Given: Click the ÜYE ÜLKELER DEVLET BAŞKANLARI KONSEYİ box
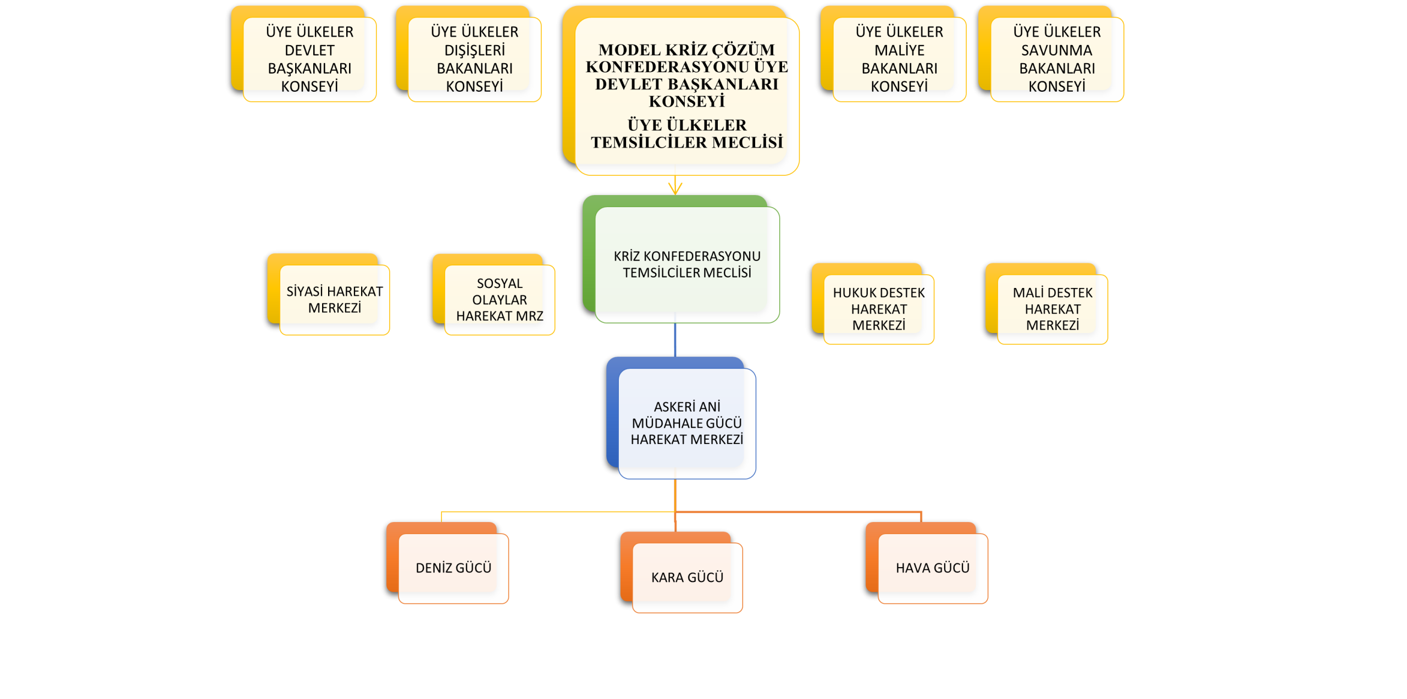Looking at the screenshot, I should [309, 59].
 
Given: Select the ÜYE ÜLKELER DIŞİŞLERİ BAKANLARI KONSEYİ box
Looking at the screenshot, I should [474, 59].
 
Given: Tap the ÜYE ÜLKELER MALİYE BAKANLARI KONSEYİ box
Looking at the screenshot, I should [899, 59].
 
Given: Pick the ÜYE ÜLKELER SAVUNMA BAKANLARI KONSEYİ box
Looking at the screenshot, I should [1056, 59].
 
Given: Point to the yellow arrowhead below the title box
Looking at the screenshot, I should [675, 189].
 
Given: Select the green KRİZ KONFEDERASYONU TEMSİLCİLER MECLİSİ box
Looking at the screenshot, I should [686, 264].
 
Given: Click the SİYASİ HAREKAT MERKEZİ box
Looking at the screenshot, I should [334, 299].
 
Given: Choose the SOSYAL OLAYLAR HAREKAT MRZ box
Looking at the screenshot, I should [499, 299].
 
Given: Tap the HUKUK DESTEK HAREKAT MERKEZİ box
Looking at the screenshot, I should [878, 309].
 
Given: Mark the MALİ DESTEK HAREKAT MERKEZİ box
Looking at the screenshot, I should [1052, 309].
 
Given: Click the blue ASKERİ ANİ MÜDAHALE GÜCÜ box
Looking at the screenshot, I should [686, 423].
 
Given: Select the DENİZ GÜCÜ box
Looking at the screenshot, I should [453, 568].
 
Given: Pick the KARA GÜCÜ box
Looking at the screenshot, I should [687, 577].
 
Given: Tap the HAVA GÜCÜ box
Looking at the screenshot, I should [932, 568].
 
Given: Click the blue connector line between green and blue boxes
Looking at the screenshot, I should [675, 341].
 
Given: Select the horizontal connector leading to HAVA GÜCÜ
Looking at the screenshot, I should [797, 512].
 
